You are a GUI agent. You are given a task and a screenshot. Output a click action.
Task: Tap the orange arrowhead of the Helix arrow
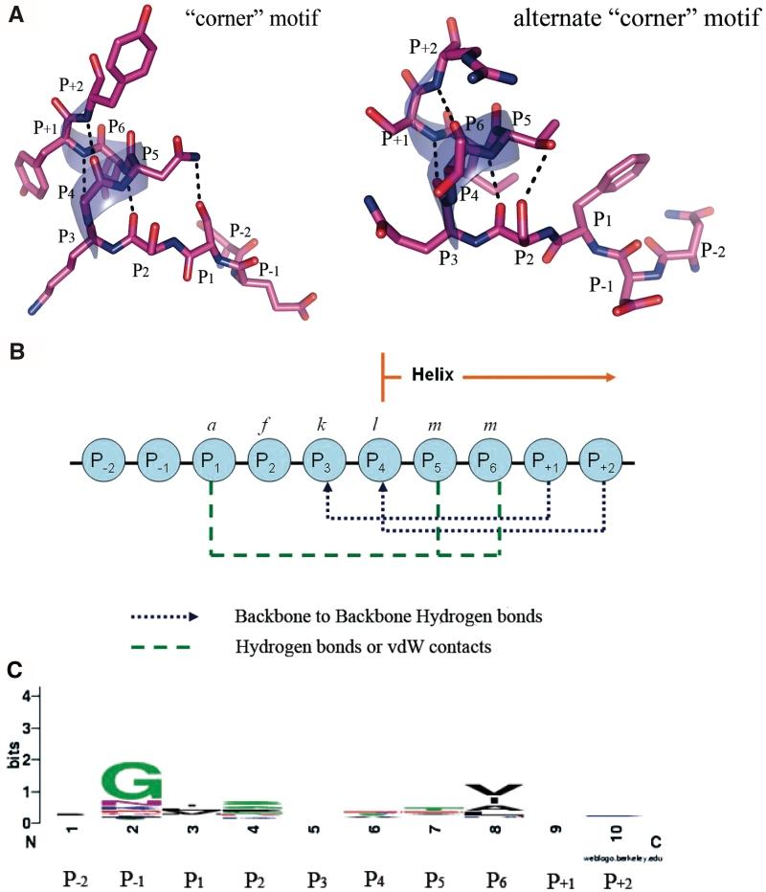pyautogui.click(x=605, y=379)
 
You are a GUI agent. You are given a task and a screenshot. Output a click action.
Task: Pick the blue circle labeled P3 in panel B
pyautogui.click(x=322, y=463)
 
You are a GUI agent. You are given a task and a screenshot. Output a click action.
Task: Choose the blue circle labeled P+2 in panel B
pyautogui.click(x=603, y=463)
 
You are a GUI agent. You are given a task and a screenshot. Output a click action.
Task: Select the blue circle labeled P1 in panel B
pyautogui.click(x=211, y=463)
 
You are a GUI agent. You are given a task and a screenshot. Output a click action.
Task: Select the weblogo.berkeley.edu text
pyautogui.click(x=609, y=859)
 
